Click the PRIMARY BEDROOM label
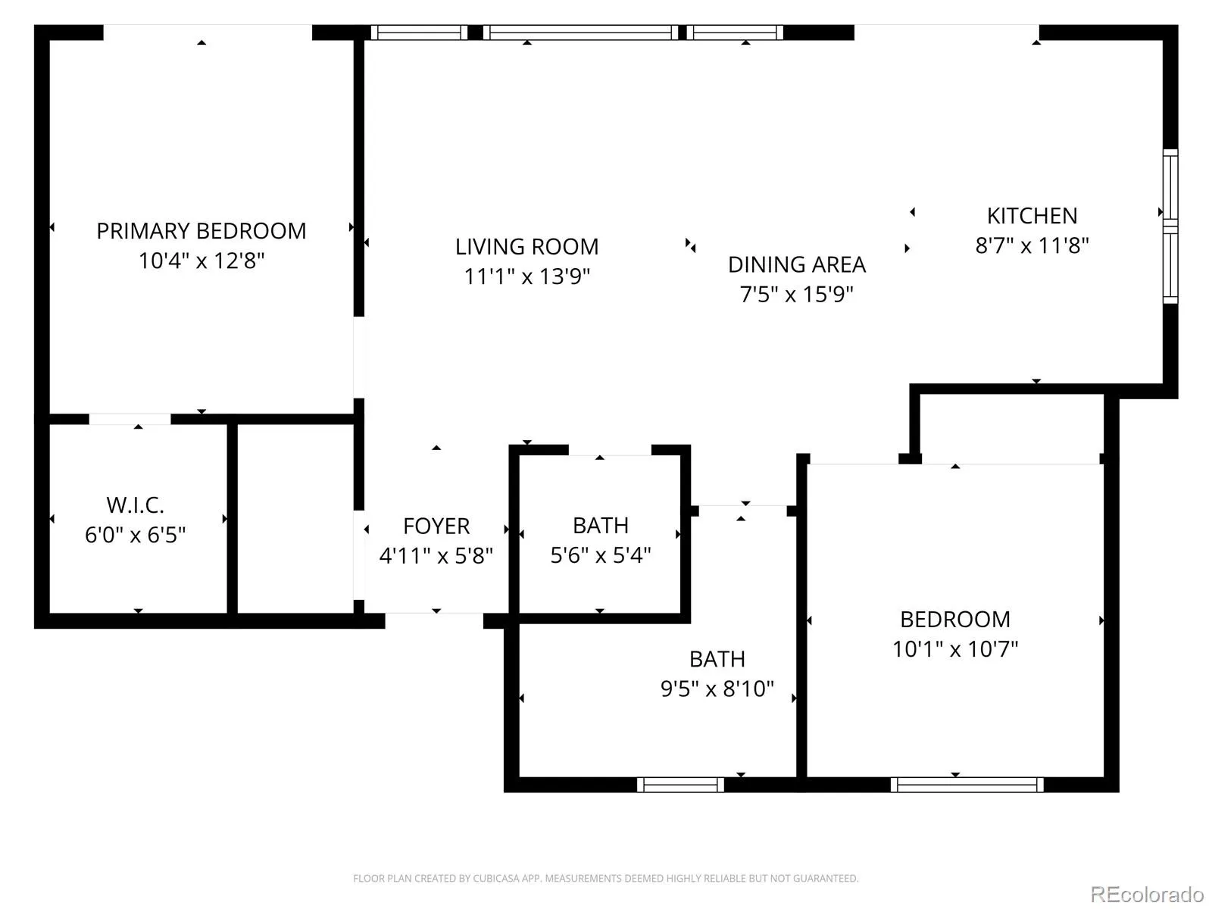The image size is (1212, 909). coord(201,231)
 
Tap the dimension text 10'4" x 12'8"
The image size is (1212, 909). coord(201,261)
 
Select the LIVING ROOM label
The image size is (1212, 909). coord(526,247)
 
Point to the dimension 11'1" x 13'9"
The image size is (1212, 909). coord(526,276)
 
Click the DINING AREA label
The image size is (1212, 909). coord(797,265)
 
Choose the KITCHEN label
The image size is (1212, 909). coord(1032,216)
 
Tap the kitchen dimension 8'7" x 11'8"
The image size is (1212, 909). coord(1032,245)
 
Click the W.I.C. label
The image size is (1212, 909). coord(136,505)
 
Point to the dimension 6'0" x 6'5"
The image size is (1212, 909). coord(136,534)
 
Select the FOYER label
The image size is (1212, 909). coord(436,526)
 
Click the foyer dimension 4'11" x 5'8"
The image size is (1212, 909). coord(436,555)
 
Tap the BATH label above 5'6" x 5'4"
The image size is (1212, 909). coord(601,526)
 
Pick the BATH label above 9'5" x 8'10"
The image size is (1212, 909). coord(717,659)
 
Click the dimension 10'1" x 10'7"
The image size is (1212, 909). coord(955,648)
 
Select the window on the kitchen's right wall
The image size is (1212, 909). coord(1170,226)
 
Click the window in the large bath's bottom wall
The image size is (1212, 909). coord(680,784)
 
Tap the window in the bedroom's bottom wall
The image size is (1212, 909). coord(967,784)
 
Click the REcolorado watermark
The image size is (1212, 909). coord(1147,894)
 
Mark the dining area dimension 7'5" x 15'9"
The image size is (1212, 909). coord(797,294)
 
